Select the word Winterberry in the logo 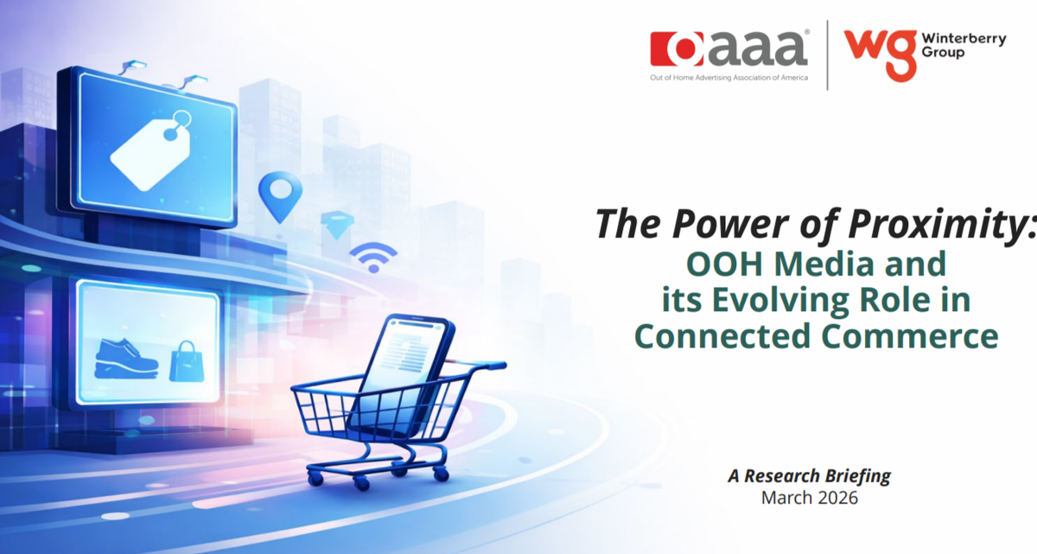(x=964, y=39)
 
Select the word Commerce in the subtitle (x=910, y=336)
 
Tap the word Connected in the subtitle (x=722, y=336)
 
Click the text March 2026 (x=809, y=498)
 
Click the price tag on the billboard (x=151, y=150)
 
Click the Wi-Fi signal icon (x=373, y=258)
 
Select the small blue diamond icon (x=337, y=225)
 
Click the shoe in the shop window (x=126, y=360)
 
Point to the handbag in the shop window (x=187, y=361)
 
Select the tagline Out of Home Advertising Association (x=728, y=78)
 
